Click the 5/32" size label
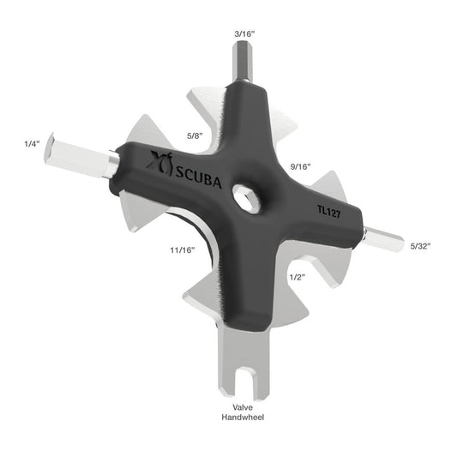(420, 246)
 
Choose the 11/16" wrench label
(181, 250)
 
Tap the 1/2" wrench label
(298, 277)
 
